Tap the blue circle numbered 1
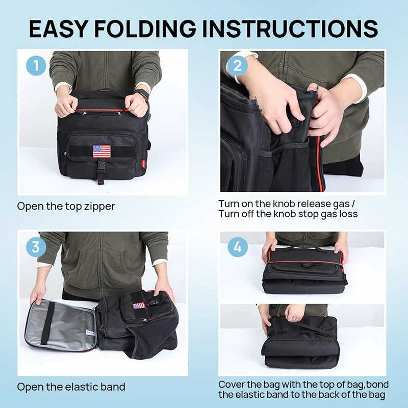(x=36, y=66)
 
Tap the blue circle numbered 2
(x=237, y=66)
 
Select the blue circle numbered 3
(x=36, y=247)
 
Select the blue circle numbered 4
(x=237, y=247)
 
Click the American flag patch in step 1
(x=101, y=151)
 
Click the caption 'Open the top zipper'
(x=66, y=207)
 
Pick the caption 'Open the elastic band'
(x=71, y=387)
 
